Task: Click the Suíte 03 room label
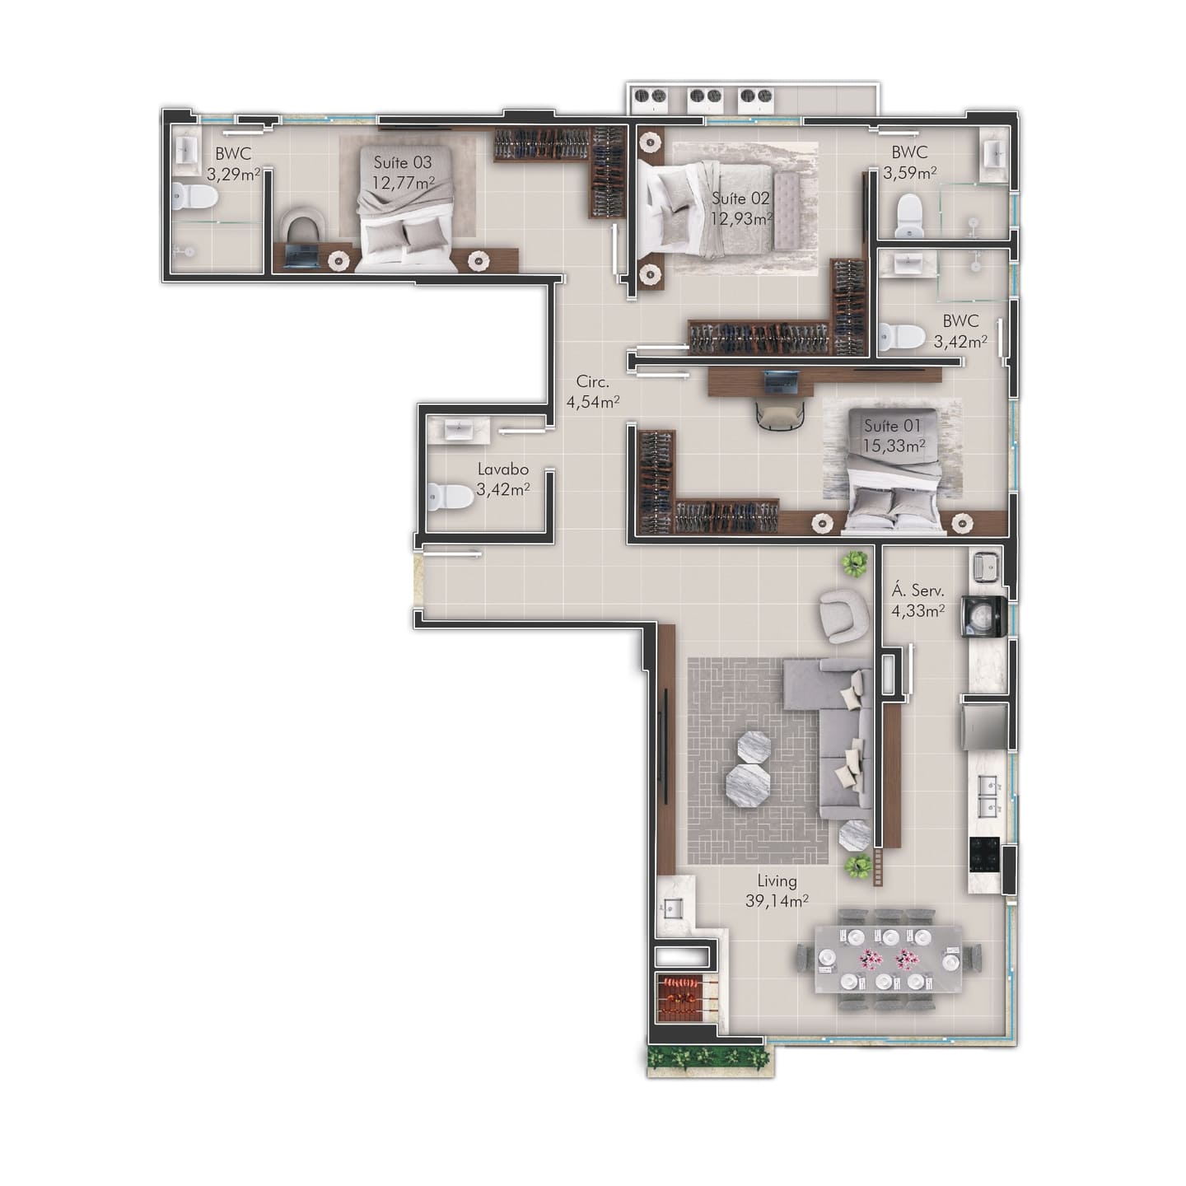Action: coord(403,162)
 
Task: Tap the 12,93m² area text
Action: coord(741,218)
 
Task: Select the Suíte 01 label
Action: coord(892,425)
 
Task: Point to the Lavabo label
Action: coord(503,469)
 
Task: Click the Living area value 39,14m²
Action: coord(777,900)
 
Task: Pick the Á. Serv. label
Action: coord(918,591)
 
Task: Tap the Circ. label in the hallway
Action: coord(593,381)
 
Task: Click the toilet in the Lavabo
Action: coord(450,497)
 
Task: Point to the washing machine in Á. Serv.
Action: coord(984,615)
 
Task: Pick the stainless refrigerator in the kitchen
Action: coord(986,726)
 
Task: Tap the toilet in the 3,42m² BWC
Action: coord(903,336)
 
